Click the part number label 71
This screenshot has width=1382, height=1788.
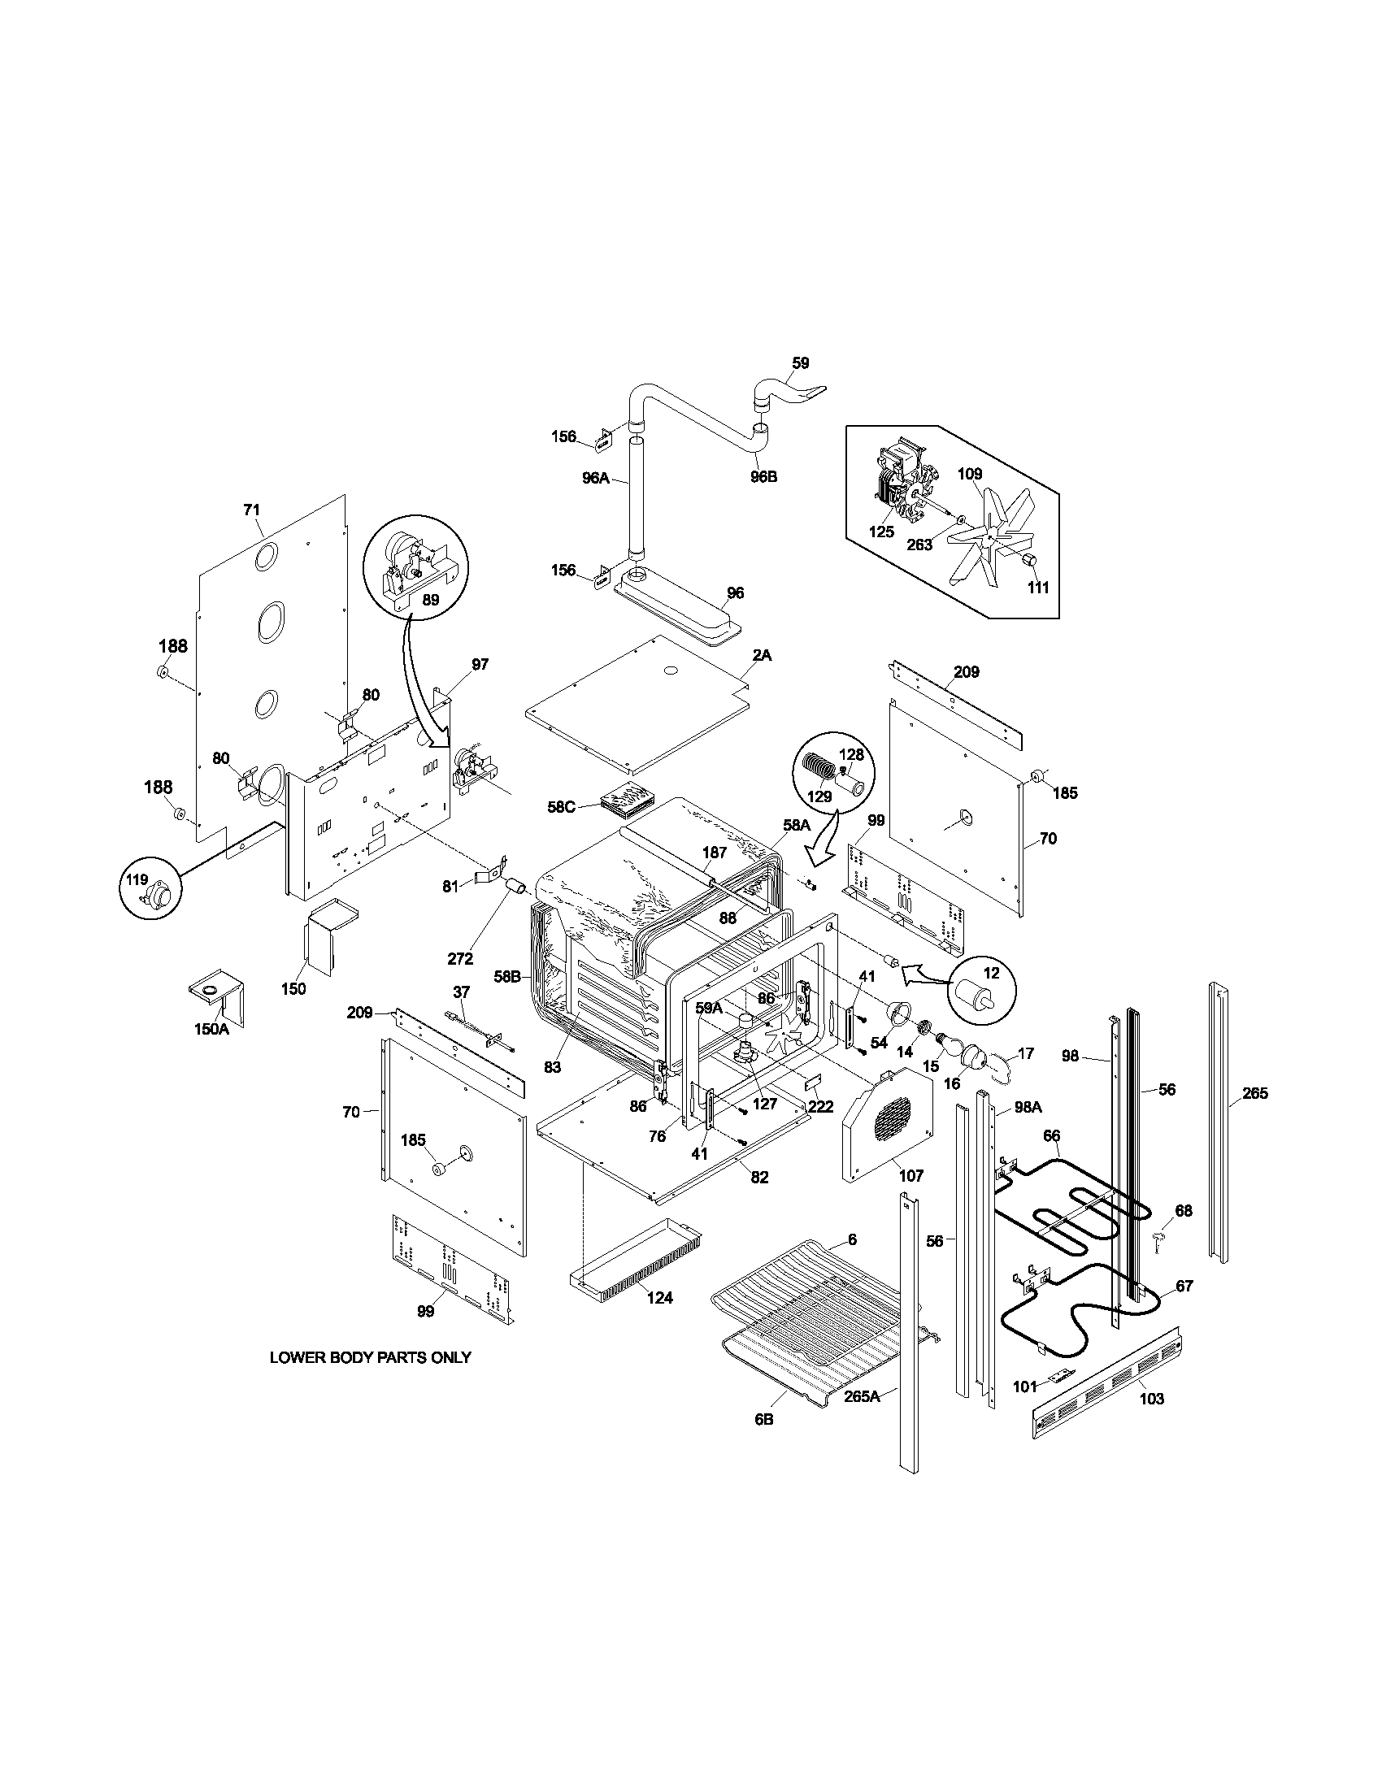tap(251, 510)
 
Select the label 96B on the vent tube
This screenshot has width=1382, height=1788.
tap(763, 476)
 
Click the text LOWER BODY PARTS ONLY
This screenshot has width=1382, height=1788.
tap(370, 1357)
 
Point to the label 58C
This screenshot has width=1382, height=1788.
tap(562, 806)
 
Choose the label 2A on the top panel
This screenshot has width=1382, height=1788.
tap(762, 655)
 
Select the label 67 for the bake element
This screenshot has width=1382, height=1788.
tap(1184, 1287)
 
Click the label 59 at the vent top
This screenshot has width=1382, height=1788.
tap(800, 362)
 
